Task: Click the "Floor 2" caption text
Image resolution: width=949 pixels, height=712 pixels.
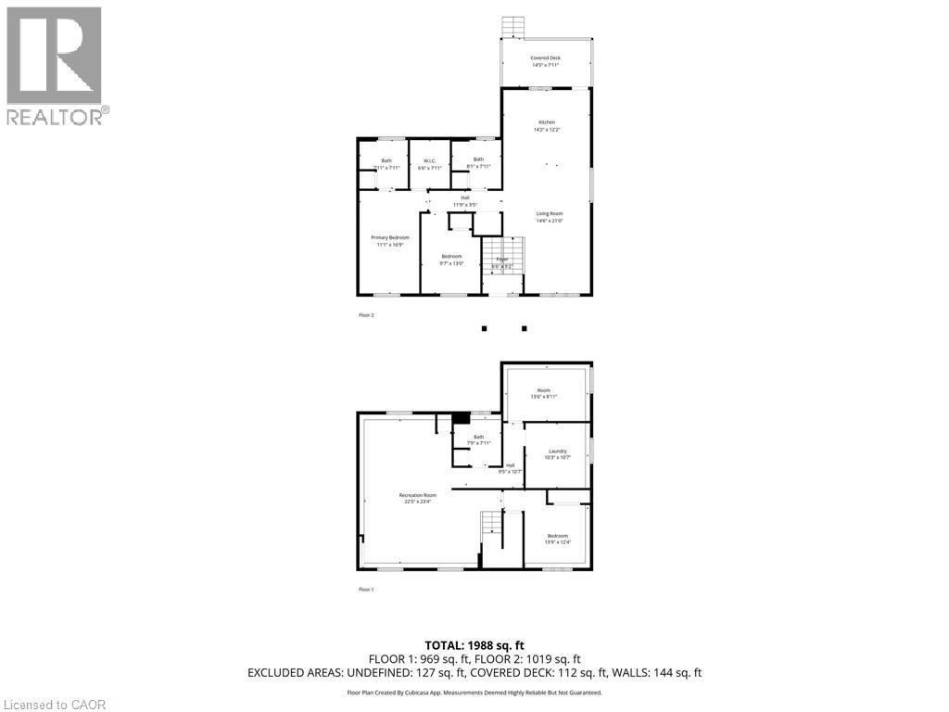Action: coord(366,315)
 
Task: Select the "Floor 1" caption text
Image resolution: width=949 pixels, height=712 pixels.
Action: coord(366,590)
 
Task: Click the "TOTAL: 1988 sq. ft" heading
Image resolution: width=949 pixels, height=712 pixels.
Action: coord(474,645)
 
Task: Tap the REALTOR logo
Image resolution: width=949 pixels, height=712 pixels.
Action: coord(55,65)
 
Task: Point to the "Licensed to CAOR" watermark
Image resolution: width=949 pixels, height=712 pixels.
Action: coord(55,705)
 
